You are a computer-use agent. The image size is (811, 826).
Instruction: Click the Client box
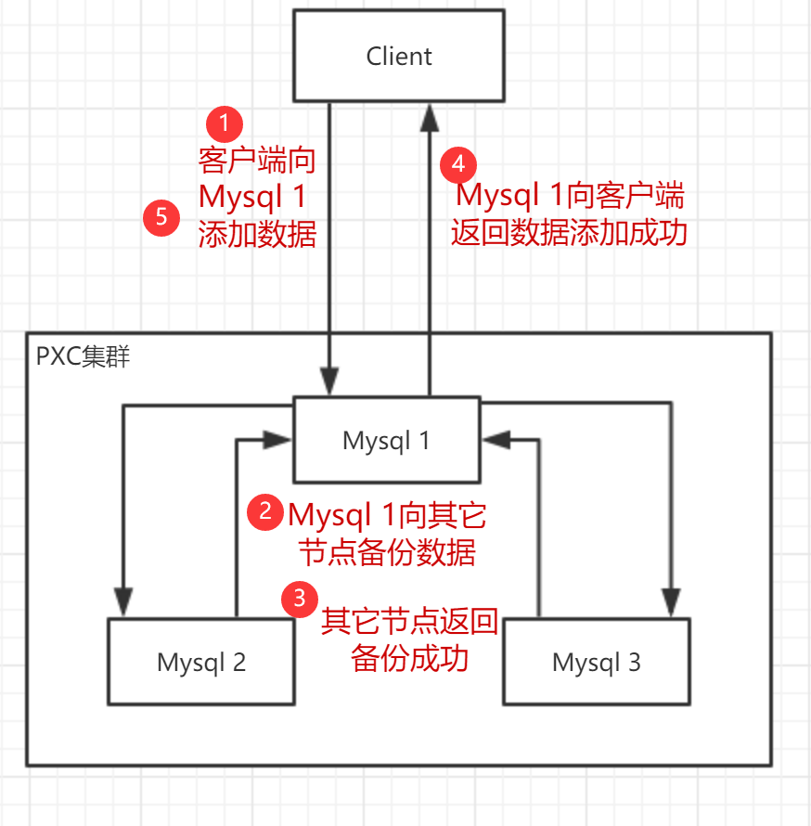pyautogui.click(x=399, y=56)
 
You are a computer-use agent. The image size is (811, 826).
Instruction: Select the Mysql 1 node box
pyautogui.click(x=386, y=440)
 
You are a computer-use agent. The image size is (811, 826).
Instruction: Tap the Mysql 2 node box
pyautogui.click(x=201, y=662)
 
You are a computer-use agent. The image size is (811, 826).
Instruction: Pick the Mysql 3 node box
pyautogui.click(x=596, y=662)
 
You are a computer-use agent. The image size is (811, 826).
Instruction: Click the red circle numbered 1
pyautogui.click(x=224, y=122)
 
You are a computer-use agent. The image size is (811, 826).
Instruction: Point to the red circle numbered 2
pyautogui.click(x=266, y=511)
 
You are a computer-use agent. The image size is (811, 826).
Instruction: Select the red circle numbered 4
pyautogui.click(x=457, y=164)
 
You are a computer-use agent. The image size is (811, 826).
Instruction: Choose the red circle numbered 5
pyautogui.click(x=161, y=218)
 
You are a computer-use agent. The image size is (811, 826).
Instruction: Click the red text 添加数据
pyautogui.click(x=257, y=234)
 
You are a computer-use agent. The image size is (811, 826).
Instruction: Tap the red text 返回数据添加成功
pyautogui.click(x=569, y=231)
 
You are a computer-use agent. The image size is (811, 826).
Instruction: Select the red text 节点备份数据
pyautogui.click(x=387, y=552)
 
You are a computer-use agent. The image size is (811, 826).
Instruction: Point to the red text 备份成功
pyautogui.click(x=409, y=658)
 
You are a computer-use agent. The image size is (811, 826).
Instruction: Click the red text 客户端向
pyautogui.click(x=257, y=161)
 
